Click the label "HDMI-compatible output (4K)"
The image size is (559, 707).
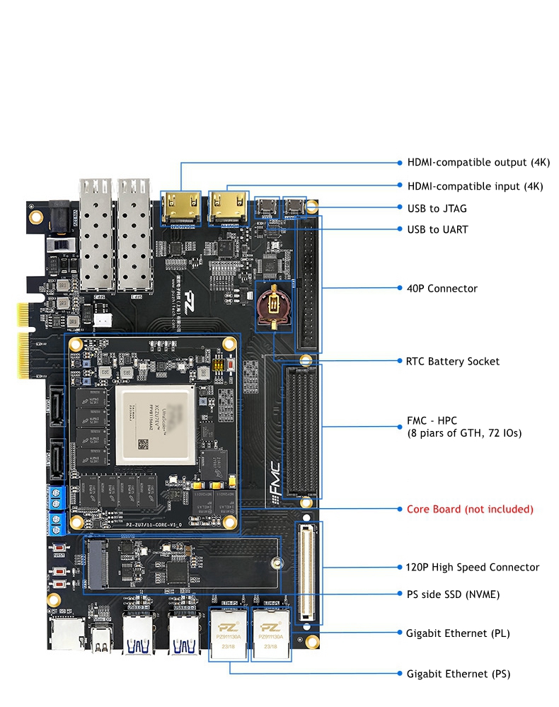478,162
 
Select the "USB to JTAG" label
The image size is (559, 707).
437,208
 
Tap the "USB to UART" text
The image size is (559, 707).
437,229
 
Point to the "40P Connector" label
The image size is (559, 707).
442,288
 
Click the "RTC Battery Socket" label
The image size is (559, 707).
453,361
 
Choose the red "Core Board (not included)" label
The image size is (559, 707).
470,509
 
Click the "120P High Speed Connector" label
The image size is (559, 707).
473,567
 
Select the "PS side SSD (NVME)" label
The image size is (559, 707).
453,594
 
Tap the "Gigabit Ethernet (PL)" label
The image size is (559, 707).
458,633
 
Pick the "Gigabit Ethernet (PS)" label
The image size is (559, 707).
458,674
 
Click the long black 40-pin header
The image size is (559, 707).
308,283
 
